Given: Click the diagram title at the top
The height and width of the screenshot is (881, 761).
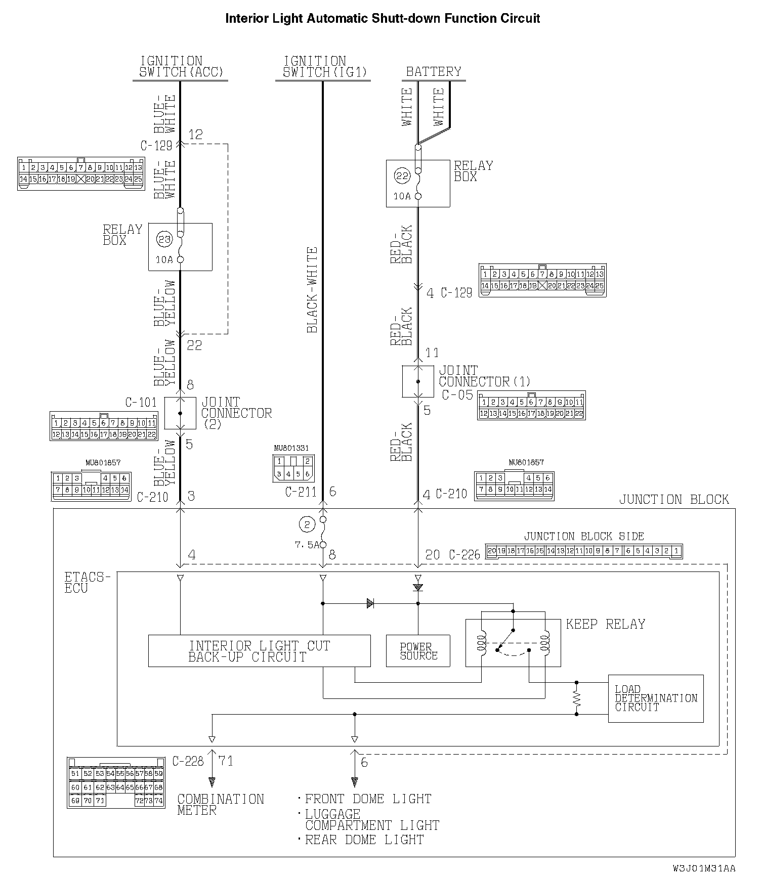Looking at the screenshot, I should tap(382, 19).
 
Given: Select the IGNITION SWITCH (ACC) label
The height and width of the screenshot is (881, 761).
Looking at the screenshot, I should tap(181, 67).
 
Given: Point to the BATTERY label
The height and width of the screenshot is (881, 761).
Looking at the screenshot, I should tap(434, 72).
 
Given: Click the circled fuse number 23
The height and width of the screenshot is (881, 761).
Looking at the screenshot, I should tap(165, 239).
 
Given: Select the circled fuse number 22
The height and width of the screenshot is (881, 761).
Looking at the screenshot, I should tap(403, 176).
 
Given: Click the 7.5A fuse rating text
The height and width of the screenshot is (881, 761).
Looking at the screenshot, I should tap(307, 545).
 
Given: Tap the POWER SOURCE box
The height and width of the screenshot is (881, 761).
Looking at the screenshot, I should tap(418, 651).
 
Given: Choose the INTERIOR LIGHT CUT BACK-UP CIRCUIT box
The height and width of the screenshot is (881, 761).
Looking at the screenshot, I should tap(259, 651).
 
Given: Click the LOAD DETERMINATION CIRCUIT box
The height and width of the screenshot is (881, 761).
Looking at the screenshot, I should tap(655, 698).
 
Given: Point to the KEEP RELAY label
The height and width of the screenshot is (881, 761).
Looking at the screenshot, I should tap(605, 624).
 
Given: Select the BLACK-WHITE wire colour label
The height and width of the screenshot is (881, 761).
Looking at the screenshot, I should tap(312, 290).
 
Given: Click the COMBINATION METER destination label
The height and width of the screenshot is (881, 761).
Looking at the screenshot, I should tap(220, 804).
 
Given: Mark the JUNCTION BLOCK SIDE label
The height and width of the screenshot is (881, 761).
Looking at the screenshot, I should tap(584, 536).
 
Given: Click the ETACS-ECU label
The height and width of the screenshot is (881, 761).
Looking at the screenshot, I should tap(87, 582).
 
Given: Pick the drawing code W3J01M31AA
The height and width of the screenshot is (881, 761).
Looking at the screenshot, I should tap(704, 868).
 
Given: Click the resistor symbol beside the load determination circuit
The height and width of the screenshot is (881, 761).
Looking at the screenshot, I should tap(577, 698).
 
